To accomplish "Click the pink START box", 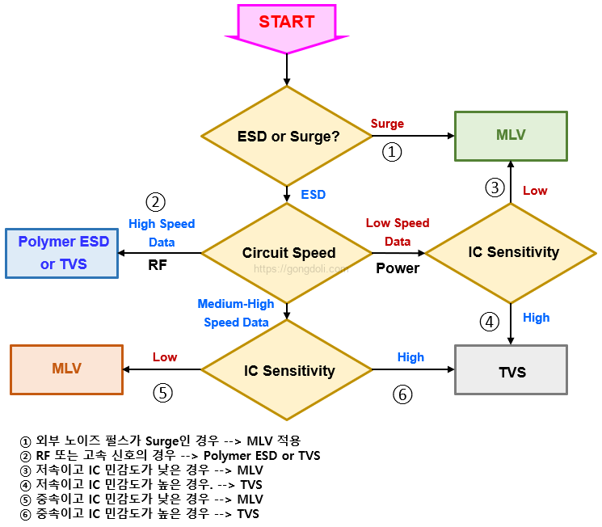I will click(x=287, y=23).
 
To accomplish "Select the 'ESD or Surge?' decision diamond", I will click(x=288, y=137).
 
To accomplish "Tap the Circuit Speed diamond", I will click(x=288, y=253).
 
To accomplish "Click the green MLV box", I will click(x=511, y=135).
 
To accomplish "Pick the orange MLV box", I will click(x=66, y=369).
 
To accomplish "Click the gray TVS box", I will click(x=511, y=371).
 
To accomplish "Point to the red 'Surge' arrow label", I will click(x=387, y=124).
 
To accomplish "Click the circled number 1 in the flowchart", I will click(x=392, y=151).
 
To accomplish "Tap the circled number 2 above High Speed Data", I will click(x=155, y=201).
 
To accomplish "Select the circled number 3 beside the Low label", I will click(x=495, y=188).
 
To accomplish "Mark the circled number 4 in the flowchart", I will click(x=490, y=322).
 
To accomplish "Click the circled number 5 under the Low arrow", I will click(x=163, y=393).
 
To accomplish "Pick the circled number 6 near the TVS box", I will click(x=402, y=394).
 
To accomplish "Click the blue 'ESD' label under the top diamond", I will click(x=313, y=195).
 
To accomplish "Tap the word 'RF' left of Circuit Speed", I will click(x=158, y=264).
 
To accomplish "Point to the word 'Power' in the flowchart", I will click(x=398, y=268).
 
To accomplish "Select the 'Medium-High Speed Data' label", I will click(x=236, y=313).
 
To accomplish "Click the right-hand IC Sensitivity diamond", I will click(x=511, y=252).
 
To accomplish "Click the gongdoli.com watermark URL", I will click(x=301, y=268).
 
